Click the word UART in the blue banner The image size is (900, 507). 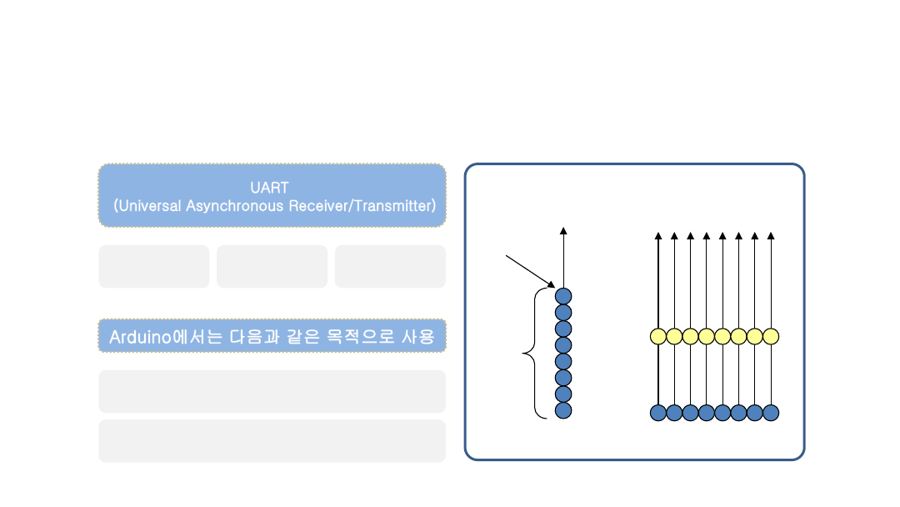click(269, 188)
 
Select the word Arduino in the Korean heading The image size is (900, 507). click(139, 337)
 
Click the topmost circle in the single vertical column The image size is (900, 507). click(563, 296)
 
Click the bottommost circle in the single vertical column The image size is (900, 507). click(563, 410)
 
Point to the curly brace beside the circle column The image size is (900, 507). click(531, 354)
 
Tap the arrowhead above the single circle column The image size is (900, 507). click(563, 231)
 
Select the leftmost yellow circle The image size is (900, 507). click(658, 336)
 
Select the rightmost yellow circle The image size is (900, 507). click(771, 336)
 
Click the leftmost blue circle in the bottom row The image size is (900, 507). click(658, 412)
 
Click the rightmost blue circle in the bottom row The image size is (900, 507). click(771, 412)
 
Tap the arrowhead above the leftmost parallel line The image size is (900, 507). click(658, 236)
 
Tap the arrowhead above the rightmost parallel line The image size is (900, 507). click(771, 236)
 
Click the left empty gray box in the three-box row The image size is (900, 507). click(153, 266)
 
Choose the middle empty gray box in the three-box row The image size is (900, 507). click(272, 266)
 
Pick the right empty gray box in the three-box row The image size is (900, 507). click(390, 266)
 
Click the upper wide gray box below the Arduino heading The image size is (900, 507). click(272, 391)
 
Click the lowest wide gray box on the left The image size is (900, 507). click(272, 440)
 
